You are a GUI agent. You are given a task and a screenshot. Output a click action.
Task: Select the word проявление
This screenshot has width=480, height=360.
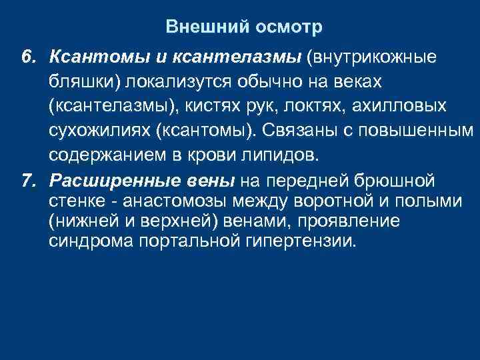click(345, 221)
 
